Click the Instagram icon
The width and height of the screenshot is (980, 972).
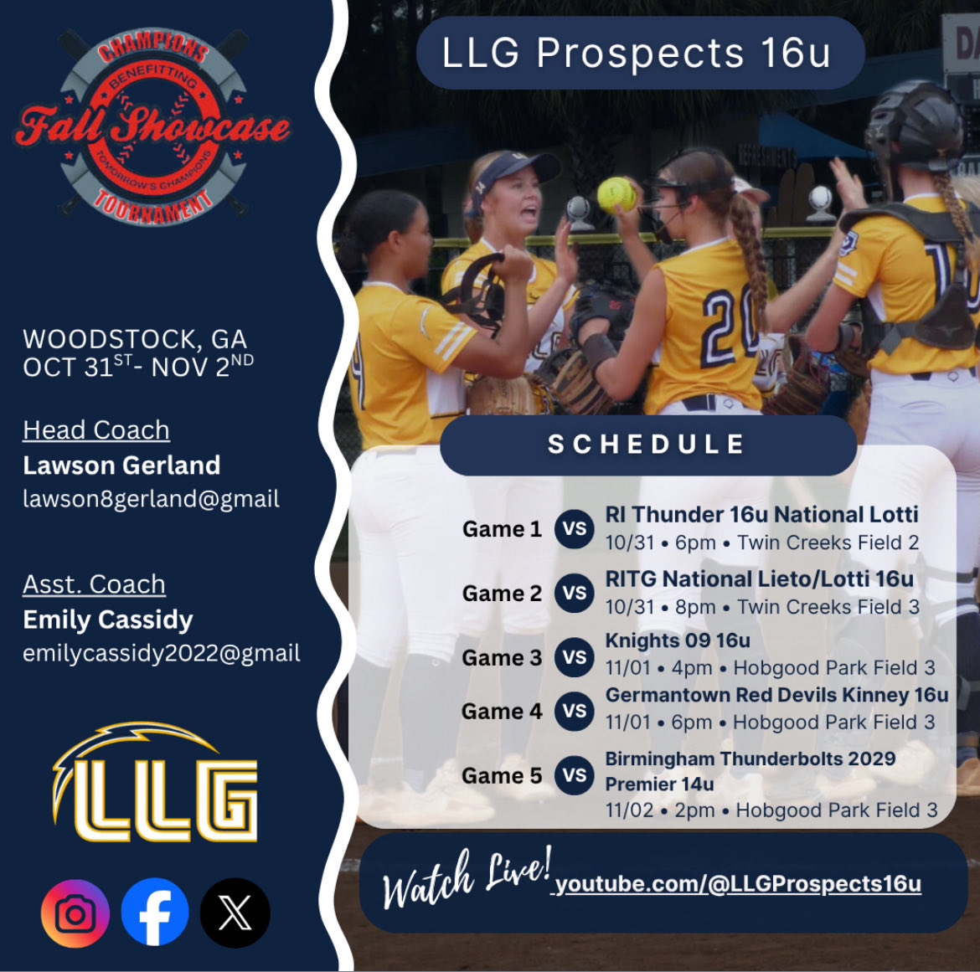tap(75, 913)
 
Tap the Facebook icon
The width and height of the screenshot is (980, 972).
tap(155, 913)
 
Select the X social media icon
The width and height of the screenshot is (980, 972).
tap(235, 913)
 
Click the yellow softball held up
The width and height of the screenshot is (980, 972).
tap(617, 193)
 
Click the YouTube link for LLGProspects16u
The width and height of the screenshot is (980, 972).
tap(738, 884)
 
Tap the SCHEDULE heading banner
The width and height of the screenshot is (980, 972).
tap(647, 445)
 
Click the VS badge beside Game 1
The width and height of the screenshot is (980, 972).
tap(574, 529)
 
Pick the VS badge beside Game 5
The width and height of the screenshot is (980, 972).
tap(574, 775)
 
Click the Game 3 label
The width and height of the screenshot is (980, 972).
tap(502, 658)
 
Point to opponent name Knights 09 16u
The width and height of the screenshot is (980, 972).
tap(678, 640)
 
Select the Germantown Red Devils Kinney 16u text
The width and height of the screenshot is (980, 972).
tap(776, 695)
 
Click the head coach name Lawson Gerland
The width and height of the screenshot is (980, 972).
tap(121, 465)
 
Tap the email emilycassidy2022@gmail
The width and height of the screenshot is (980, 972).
tap(162, 653)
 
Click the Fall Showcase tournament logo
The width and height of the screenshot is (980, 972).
tap(152, 126)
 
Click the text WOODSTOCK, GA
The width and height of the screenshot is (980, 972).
tap(135, 339)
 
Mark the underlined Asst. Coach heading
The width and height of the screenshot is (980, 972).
tap(94, 584)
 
